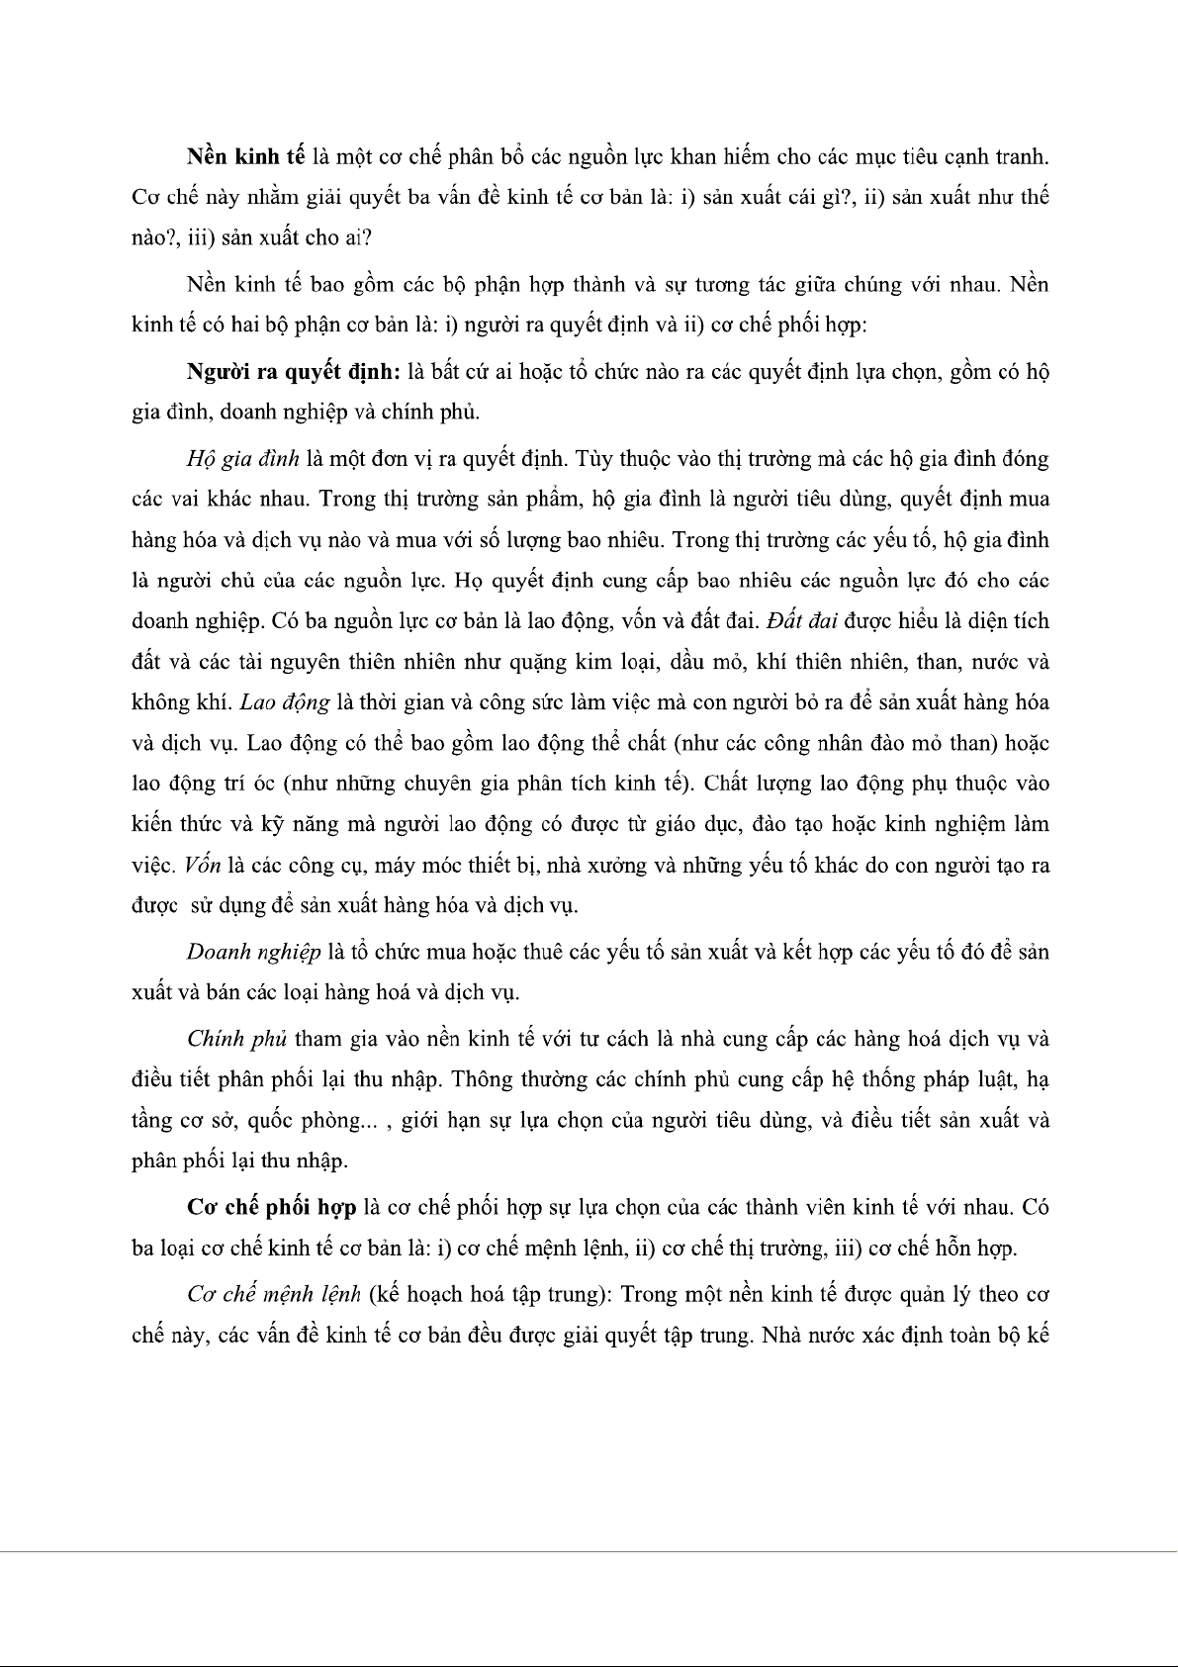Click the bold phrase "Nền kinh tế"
[x=244, y=156]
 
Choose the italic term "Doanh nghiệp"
[x=253, y=952]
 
